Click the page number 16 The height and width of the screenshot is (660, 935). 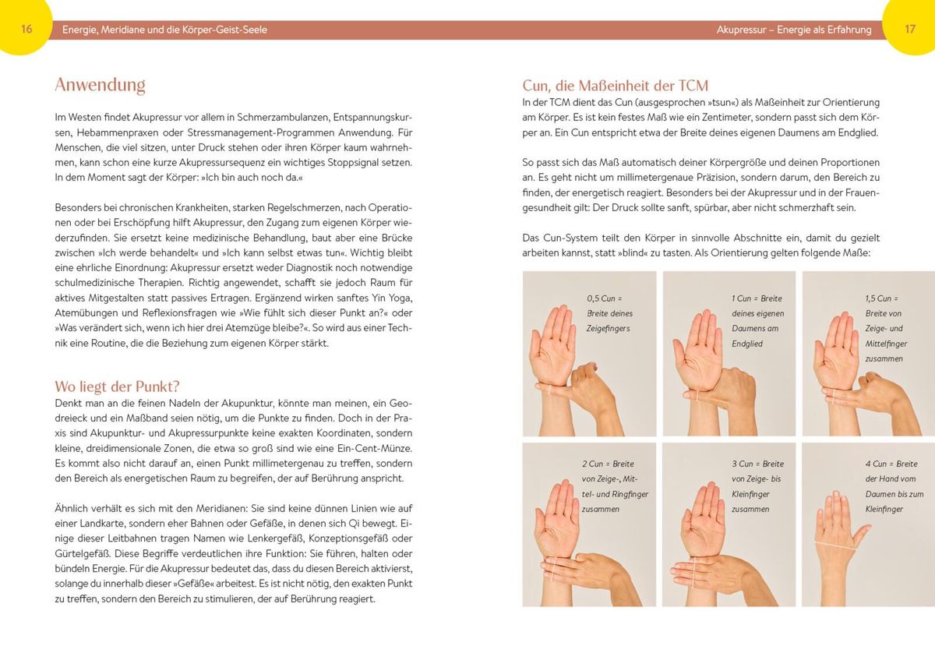(26, 29)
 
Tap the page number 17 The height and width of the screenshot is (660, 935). (910, 29)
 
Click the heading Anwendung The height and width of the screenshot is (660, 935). (101, 85)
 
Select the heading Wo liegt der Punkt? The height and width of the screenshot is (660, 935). (117, 386)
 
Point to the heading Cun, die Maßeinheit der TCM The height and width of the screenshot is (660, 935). (616, 86)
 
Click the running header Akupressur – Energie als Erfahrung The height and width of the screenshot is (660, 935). (794, 30)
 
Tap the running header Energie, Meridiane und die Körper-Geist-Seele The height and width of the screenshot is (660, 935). (164, 30)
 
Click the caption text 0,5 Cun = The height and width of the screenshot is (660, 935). (605, 298)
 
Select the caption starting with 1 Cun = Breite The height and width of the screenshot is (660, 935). (757, 321)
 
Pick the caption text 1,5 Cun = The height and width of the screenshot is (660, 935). (881, 298)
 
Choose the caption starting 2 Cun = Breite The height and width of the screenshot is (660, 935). (616, 486)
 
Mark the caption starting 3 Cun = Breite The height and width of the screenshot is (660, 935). (757, 486)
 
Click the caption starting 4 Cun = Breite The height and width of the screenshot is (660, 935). (894, 486)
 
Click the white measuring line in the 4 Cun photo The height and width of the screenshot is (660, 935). (835, 546)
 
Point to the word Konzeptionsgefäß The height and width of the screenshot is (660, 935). (343, 538)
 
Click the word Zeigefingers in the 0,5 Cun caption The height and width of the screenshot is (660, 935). (609, 329)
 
